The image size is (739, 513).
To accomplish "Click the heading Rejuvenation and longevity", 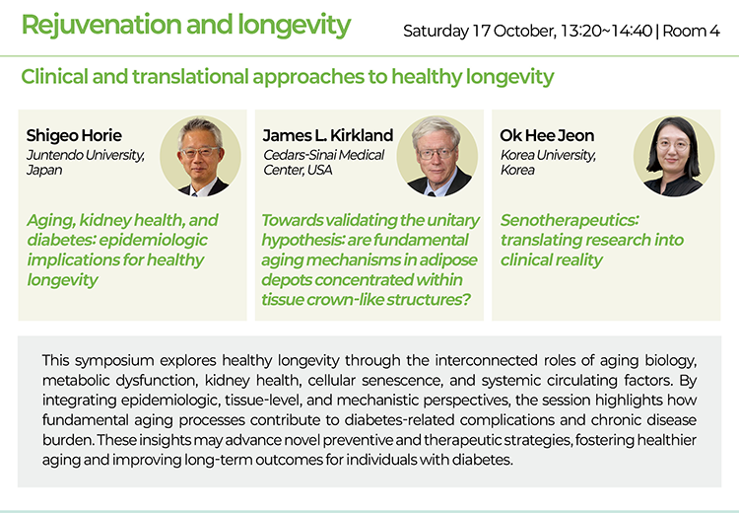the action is (186, 25).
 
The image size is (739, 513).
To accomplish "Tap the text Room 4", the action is (691, 32).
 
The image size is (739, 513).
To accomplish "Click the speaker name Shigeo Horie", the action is (74, 135).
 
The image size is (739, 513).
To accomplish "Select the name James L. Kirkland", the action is (328, 135).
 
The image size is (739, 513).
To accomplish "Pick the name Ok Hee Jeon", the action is (547, 135).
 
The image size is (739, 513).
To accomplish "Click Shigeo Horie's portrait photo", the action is (200, 156).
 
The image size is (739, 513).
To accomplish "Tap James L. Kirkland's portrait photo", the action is (437, 156).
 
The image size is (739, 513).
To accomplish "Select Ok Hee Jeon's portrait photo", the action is (674, 156).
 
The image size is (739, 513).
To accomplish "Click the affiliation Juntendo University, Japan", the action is (86, 163).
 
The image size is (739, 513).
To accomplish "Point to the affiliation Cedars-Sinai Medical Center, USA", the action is (324, 163).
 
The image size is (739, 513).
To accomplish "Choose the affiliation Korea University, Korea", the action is (548, 163).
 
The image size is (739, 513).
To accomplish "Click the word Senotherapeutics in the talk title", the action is (570, 220).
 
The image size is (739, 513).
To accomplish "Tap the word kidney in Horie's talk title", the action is (105, 220).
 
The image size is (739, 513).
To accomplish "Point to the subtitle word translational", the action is (190, 77).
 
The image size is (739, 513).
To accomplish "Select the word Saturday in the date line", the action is (436, 32).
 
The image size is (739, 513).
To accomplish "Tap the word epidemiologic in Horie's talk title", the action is (154, 241).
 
